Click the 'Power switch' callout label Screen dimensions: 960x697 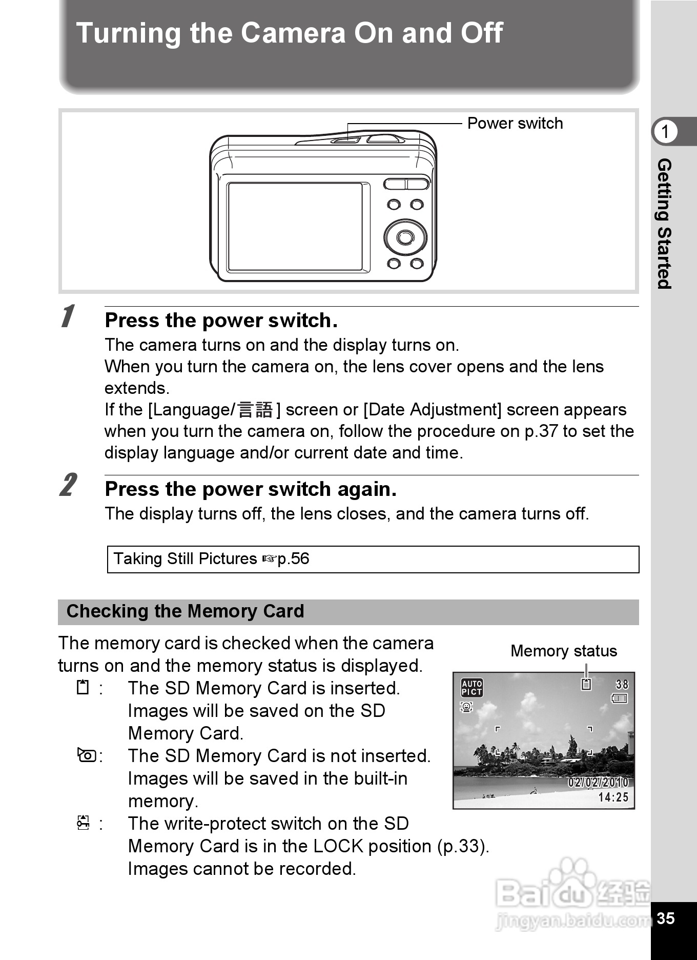[x=515, y=124]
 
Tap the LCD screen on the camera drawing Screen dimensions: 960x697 [x=296, y=227]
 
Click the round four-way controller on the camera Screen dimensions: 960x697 [x=405, y=237]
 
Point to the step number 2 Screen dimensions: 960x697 [x=68, y=485]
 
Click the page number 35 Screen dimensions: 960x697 [x=665, y=918]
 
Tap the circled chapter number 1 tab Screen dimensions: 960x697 [x=665, y=132]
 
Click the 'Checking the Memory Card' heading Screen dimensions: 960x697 [x=185, y=611]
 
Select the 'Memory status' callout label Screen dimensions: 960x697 [x=563, y=651]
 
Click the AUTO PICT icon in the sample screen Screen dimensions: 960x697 [x=471, y=687]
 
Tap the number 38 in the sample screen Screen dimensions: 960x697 [x=622, y=684]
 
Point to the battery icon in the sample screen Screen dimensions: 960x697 [x=620, y=698]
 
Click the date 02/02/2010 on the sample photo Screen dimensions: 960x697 [x=598, y=782]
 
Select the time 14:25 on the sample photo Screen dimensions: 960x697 [x=613, y=797]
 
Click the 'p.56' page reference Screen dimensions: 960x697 [x=293, y=558]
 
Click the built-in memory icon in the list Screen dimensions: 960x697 [x=87, y=755]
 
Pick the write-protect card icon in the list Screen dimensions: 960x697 [x=83, y=823]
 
